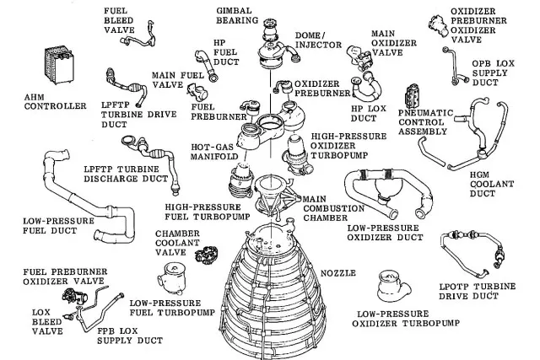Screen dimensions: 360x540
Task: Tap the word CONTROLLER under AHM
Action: pos(56,107)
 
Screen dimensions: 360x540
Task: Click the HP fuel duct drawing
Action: pos(215,63)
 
